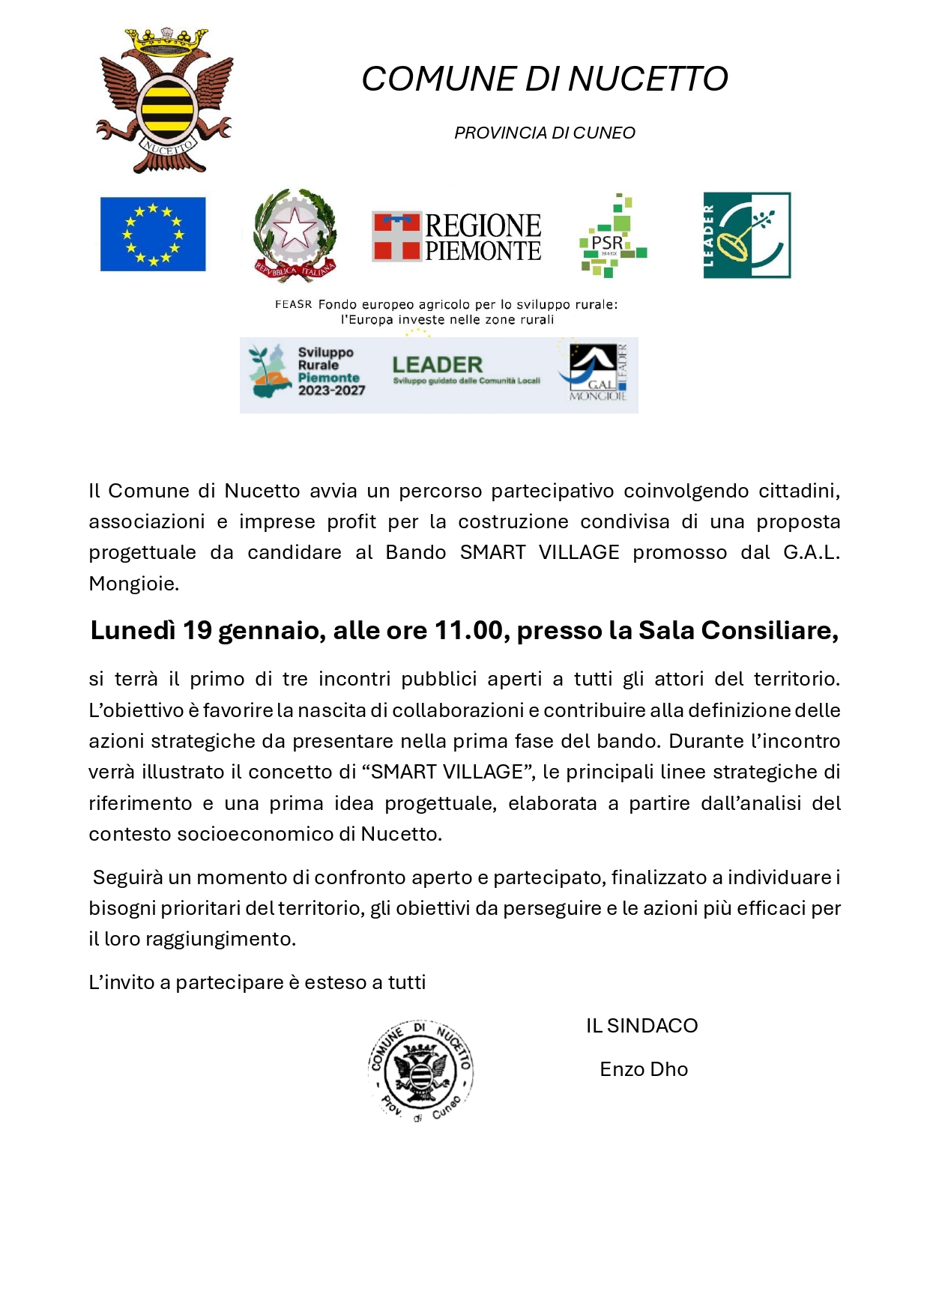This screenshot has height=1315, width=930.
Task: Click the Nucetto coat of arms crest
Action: coord(166,100)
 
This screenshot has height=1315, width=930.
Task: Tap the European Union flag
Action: coord(153,234)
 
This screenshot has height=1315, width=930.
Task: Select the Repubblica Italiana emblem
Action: coord(295,235)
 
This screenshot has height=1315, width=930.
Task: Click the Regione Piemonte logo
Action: coord(456,237)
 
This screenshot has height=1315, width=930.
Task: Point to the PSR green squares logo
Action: coord(612,236)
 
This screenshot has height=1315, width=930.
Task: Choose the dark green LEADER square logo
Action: coord(746,235)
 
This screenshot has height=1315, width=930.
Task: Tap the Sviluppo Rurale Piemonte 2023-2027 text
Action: coord(330,371)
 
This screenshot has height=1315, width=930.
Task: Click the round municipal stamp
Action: coord(420,1070)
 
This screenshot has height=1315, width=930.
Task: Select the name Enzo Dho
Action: coord(644,1069)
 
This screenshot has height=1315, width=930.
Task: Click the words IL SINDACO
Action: coord(641,1026)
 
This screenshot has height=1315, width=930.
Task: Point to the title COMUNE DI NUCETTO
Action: coord(545,79)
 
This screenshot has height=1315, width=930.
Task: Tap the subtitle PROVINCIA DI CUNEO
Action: coord(545,133)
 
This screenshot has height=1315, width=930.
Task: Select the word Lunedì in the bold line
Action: coord(133,631)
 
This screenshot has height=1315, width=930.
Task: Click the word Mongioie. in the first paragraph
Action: coord(133,584)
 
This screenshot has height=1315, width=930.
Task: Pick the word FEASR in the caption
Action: coord(293,304)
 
